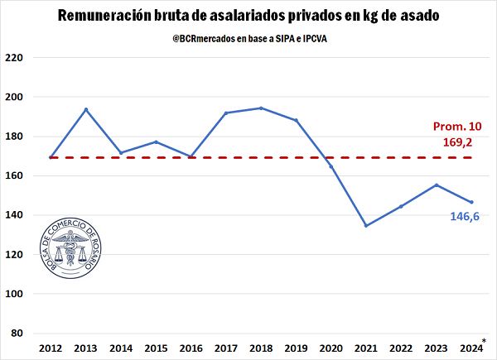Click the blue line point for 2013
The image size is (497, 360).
tap(85, 109)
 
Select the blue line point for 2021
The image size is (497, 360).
tap(366, 225)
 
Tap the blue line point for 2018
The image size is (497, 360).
tap(261, 108)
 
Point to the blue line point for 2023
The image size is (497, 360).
tap(436, 185)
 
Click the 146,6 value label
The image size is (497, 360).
tap(464, 217)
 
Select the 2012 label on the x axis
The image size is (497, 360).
tap(51, 348)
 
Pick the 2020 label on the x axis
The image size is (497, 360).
tap(331, 348)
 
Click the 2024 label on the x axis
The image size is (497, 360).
tap(470, 348)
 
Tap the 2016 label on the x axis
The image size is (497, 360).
tap(191, 348)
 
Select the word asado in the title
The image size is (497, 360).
tap(414, 16)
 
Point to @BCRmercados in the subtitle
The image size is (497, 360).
tap(206, 37)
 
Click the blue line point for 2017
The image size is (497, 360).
tap(226, 113)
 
